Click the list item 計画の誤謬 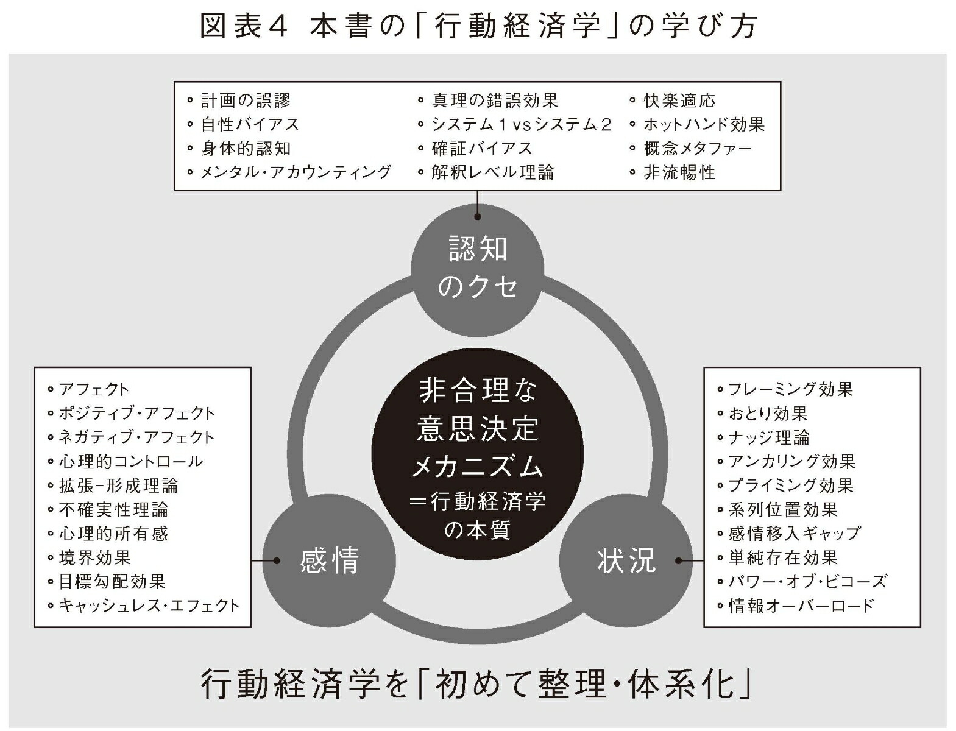[x=245, y=101]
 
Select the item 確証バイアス [x=482, y=149]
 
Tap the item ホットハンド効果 [x=704, y=124]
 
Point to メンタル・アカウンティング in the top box [x=296, y=172]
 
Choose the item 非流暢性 [x=679, y=172]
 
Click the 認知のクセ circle [x=477, y=270]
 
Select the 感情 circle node [x=329, y=561]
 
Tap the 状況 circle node [x=626, y=561]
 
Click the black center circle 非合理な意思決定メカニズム [x=477, y=454]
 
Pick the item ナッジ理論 [x=769, y=437]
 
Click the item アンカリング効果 [x=792, y=461]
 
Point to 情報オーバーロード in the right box [x=801, y=606]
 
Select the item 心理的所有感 [x=113, y=534]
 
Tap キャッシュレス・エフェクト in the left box [x=149, y=606]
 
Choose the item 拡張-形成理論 [x=118, y=486]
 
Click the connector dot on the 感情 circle [x=276, y=561]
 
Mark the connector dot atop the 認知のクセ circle [x=477, y=216]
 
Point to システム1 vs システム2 [x=522, y=124]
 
